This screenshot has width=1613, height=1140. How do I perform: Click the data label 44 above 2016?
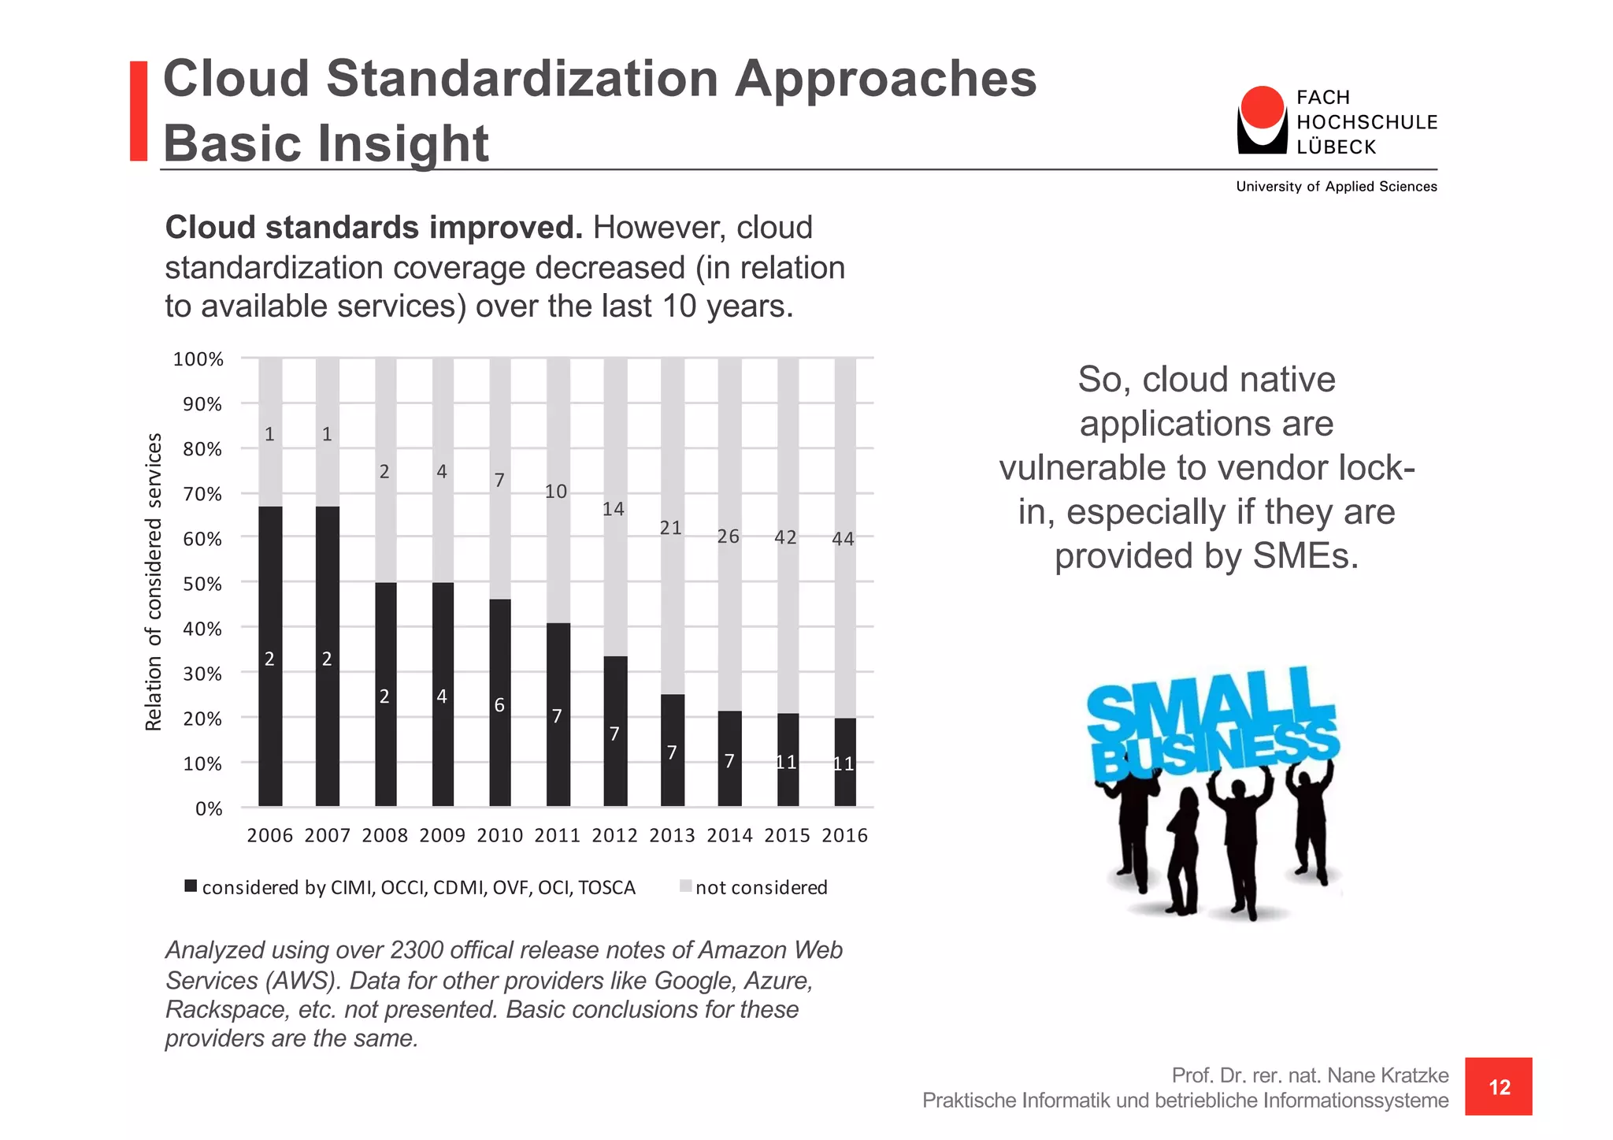843,539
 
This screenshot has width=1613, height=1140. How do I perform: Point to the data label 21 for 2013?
670,528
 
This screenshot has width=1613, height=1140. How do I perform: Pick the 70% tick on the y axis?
202,495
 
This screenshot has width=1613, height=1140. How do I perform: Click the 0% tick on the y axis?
209,809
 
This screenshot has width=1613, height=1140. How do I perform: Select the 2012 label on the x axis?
614,836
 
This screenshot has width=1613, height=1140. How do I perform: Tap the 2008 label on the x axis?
384,836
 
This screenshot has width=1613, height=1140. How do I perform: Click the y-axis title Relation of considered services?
154,581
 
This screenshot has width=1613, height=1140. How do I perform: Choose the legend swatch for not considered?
685,886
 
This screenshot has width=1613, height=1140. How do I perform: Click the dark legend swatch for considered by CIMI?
191,886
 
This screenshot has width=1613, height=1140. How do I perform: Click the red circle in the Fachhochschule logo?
1262,108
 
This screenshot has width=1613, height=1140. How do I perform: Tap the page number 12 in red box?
1499,1087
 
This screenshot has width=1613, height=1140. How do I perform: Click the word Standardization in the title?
521,79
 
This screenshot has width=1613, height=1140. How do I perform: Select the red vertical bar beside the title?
139,111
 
